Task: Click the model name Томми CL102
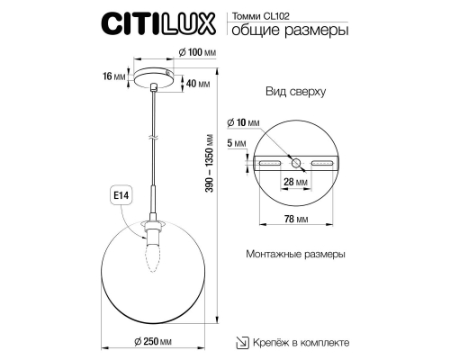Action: [x=262, y=15]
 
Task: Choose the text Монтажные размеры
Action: [x=295, y=255]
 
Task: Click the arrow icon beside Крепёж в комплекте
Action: [x=239, y=343]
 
